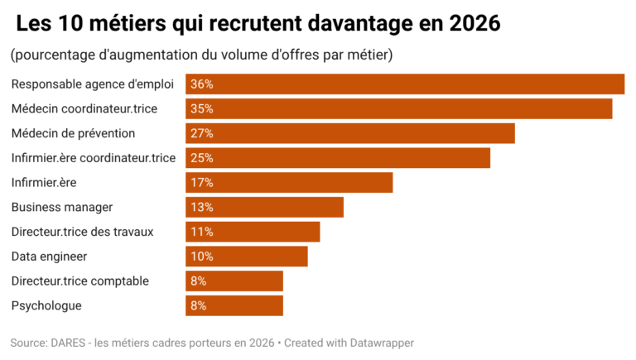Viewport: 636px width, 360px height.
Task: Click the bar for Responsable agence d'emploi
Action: click(405, 84)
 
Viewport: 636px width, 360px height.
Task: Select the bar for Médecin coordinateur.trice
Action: click(398, 108)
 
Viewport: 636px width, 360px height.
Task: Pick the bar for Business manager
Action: click(264, 207)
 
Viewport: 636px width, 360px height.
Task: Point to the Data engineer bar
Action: click(247, 257)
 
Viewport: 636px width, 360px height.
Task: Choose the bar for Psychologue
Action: click(234, 305)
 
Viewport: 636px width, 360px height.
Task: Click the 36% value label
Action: click(202, 84)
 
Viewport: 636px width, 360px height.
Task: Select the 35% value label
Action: click(202, 108)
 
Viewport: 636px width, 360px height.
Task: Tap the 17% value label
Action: click(202, 183)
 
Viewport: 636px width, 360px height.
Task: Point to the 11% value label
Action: click(202, 232)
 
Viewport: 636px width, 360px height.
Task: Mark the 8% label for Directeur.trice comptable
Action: click(199, 281)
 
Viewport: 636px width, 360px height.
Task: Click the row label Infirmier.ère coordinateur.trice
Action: click(94, 158)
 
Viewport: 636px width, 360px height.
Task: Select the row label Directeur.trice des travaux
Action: click(82, 232)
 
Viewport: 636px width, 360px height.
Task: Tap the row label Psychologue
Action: click(46, 305)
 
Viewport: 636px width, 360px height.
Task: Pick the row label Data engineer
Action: click(49, 257)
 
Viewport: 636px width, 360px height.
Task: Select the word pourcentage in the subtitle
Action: click(51, 55)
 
